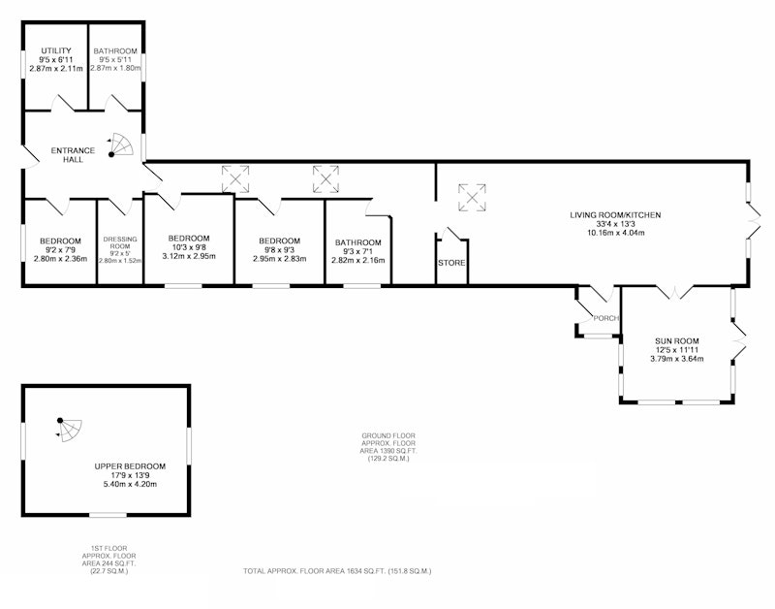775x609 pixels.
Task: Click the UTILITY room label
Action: (x=56, y=50)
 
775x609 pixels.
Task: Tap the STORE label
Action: (x=451, y=263)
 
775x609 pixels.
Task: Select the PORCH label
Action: (x=606, y=318)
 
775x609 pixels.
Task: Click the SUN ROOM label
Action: (x=676, y=340)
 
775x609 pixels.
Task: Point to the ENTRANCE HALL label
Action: (x=74, y=155)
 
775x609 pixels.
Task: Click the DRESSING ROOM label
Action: (x=120, y=242)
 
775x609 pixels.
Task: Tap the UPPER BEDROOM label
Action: (x=130, y=466)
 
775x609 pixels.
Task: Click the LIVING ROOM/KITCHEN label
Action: (x=615, y=214)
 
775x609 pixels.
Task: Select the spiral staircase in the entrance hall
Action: (x=121, y=144)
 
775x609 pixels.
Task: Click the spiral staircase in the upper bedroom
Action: (x=69, y=429)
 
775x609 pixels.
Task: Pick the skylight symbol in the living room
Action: (x=472, y=198)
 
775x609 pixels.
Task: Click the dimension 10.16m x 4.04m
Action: (x=615, y=233)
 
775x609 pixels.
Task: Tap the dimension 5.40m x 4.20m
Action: (x=130, y=484)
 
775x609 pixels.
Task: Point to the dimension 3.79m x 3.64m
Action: (x=676, y=359)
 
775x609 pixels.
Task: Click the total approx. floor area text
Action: (x=337, y=571)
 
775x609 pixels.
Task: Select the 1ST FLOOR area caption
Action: (x=108, y=560)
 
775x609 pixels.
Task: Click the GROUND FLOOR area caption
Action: (x=388, y=447)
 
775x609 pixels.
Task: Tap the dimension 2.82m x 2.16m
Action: (x=357, y=260)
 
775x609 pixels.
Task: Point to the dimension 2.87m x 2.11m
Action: (x=56, y=68)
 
